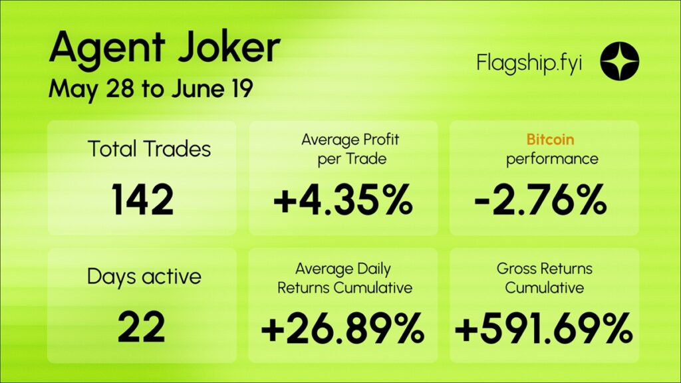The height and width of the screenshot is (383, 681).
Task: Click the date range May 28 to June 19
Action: pos(151,90)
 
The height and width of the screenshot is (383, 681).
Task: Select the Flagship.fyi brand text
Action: pos(529,64)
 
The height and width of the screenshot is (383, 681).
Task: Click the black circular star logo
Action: pos(619,61)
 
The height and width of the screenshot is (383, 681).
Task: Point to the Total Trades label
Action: pos(149,148)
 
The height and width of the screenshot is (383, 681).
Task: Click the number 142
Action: pos(142,199)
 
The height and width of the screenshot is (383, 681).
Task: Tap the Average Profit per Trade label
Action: pos(350,149)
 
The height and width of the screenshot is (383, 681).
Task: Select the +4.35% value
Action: pos(343,199)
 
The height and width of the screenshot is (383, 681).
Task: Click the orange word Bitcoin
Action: pos(550,140)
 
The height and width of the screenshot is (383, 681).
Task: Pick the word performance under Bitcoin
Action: pos(552,160)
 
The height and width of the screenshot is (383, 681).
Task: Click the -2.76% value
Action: pos(540,199)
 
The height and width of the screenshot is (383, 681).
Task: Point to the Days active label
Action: pos(144,277)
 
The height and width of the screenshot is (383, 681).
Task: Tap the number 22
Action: pos(141,327)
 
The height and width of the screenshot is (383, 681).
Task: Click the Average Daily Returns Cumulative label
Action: pos(344,279)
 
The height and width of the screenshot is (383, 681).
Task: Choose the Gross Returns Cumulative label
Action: pos(544,278)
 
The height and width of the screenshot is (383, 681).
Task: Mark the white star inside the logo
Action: pos(619,61)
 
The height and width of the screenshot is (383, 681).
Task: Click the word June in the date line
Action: pos(198,88)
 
